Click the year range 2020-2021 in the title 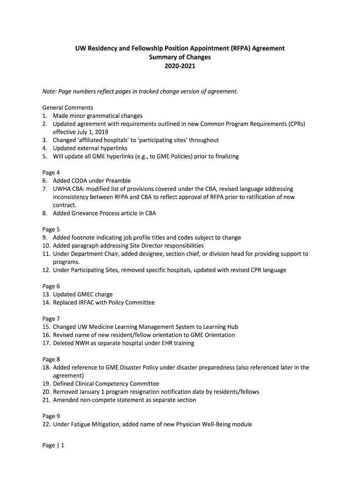pos(180,66)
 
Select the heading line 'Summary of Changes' pos(180,57)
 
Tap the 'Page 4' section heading pos(51,172)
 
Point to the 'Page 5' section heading pos(51,229)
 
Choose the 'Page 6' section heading pos(51,286)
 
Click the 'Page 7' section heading pos(51,319)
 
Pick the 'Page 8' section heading pos(51,359)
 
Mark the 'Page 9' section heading pos(51,416)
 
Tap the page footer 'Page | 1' pos(53,445)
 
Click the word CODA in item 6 pos(80,181)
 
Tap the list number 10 pos(46,246)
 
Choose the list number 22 pos(46,424)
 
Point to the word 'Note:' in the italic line pos(50,91)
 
